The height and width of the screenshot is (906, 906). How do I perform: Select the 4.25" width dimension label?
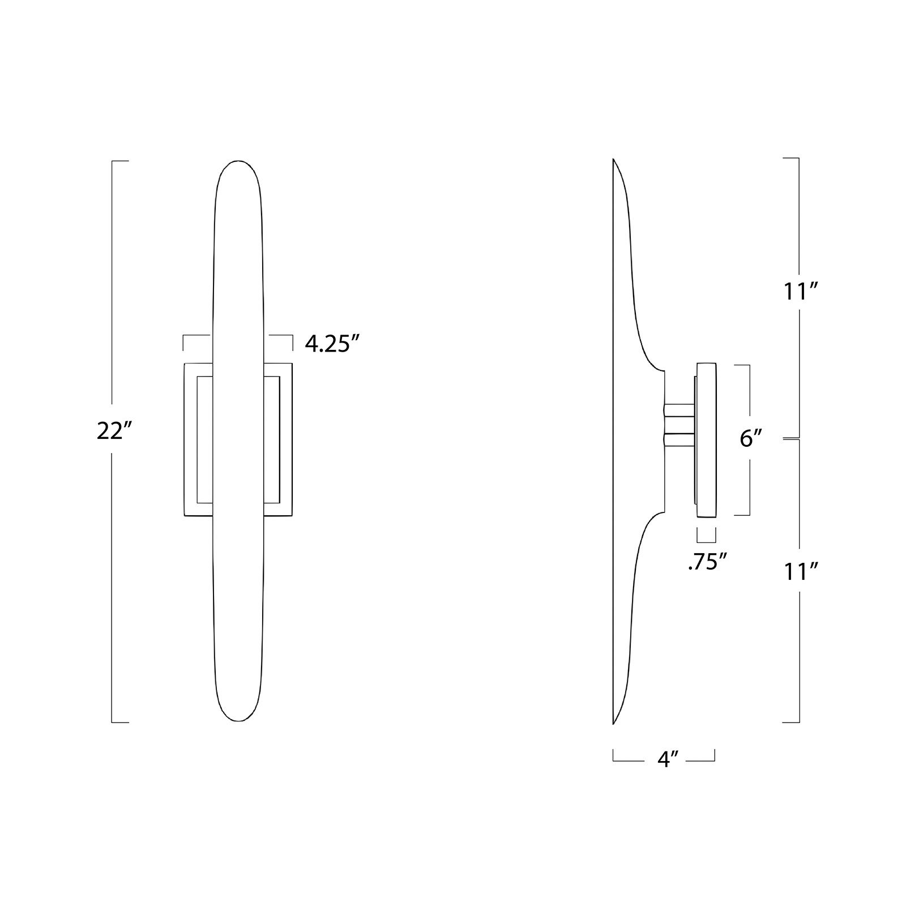coord(333,344)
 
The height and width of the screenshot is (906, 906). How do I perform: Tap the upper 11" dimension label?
coord(799,293)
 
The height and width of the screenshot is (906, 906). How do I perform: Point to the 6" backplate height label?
coord(751,438)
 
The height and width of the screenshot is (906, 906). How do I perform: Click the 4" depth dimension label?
coord(668,759)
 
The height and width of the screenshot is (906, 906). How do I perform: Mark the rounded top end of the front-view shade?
coord(238,165)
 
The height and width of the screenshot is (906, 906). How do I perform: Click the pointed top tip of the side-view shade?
coord(614,161)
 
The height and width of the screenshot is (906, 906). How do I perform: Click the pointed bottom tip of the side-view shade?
coord(614,723)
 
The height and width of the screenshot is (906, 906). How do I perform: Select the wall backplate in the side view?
coord(706,441)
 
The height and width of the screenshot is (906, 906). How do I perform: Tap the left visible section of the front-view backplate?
coord(198,439)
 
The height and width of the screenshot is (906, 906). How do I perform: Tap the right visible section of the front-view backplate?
coord(279,439)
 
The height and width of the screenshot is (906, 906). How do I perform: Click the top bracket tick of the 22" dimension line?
coord(120,161)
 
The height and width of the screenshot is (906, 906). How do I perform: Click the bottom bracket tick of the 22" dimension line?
coord(120,722)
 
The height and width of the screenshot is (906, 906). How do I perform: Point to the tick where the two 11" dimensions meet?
coord(791,438)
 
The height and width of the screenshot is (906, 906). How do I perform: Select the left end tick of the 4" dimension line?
coord(614,755)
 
